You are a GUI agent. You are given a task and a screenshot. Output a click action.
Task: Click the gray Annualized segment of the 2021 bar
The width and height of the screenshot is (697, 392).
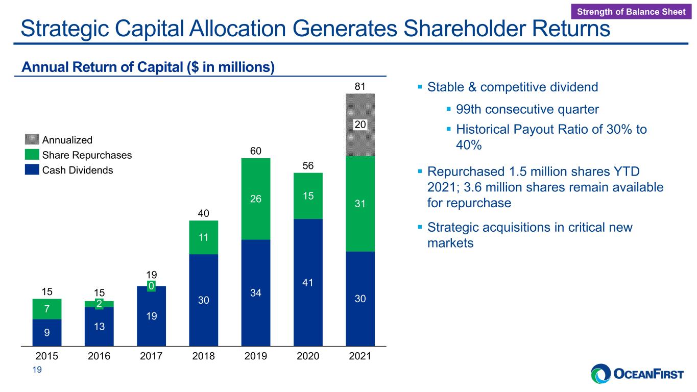point(360,125)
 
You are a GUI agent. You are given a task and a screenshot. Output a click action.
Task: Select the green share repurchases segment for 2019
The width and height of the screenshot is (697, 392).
point(255,199)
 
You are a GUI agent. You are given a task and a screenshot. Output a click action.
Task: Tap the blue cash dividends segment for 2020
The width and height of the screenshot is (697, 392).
point(308,282)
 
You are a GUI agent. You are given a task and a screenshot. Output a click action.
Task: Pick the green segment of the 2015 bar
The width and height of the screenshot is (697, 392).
point(46,309)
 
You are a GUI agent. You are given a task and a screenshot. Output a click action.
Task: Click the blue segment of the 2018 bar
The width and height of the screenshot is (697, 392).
point(204,300)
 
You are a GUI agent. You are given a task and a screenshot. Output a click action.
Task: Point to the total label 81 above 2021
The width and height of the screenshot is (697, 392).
point(360,86)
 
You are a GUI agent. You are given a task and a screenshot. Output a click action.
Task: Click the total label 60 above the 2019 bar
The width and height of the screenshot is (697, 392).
point(255,151)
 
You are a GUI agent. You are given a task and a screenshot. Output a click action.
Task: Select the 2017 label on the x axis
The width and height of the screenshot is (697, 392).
point(151,356)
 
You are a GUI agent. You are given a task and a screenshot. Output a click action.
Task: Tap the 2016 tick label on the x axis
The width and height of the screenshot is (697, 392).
point(99,356)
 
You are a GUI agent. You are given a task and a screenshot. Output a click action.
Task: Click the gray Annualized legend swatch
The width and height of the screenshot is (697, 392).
point(32,139)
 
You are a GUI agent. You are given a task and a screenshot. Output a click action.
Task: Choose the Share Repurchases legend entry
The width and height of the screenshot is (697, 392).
point(78,155)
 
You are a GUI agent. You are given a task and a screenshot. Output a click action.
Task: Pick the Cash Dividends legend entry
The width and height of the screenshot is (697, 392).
point(69,170)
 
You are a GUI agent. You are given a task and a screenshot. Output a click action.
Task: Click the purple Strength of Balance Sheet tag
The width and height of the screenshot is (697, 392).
point(631,12)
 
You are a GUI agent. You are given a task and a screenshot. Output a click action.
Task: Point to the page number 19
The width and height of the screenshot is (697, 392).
point(37,370)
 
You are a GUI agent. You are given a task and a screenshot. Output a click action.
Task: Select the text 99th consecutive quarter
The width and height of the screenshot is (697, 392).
point(527,109)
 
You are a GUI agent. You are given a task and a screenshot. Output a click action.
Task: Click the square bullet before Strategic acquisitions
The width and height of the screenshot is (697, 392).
point(420,227)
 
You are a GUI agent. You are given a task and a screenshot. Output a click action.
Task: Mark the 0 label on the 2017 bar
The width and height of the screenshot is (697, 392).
point(151,286)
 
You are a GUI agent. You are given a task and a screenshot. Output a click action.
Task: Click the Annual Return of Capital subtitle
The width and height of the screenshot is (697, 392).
point(148,67)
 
